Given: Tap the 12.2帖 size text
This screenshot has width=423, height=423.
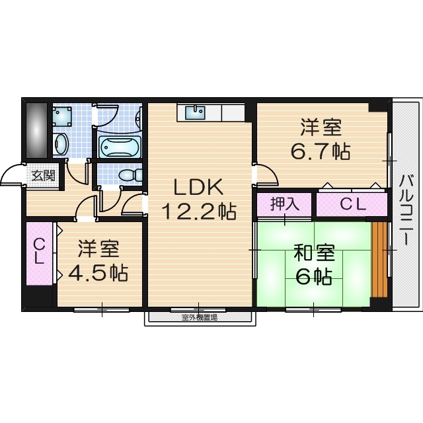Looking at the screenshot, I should click(x=199, y=212).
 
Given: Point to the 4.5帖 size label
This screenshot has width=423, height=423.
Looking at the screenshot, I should click(x=100, y=272).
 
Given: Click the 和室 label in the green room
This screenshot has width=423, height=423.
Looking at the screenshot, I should click(x=314, y=252).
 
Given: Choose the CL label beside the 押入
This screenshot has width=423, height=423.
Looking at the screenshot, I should click(x=352, y=205).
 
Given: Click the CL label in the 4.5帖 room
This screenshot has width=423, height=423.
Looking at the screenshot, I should click(x=40, y=251).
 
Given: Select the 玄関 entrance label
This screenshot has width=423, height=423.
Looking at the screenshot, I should click(x=44, y=176).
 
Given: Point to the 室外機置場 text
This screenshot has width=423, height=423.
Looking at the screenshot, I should click(x=199, y=317).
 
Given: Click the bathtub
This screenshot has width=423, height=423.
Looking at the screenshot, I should click(x=119, y=147).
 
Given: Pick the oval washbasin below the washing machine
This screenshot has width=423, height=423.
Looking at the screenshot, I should click(x=61, y=143).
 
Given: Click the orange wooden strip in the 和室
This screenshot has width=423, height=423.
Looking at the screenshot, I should click(x=379, y=260).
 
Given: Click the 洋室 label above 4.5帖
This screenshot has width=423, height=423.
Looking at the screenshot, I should click(x=98, y=249).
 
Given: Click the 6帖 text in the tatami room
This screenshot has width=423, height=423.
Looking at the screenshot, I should click(x=313, y=277).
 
